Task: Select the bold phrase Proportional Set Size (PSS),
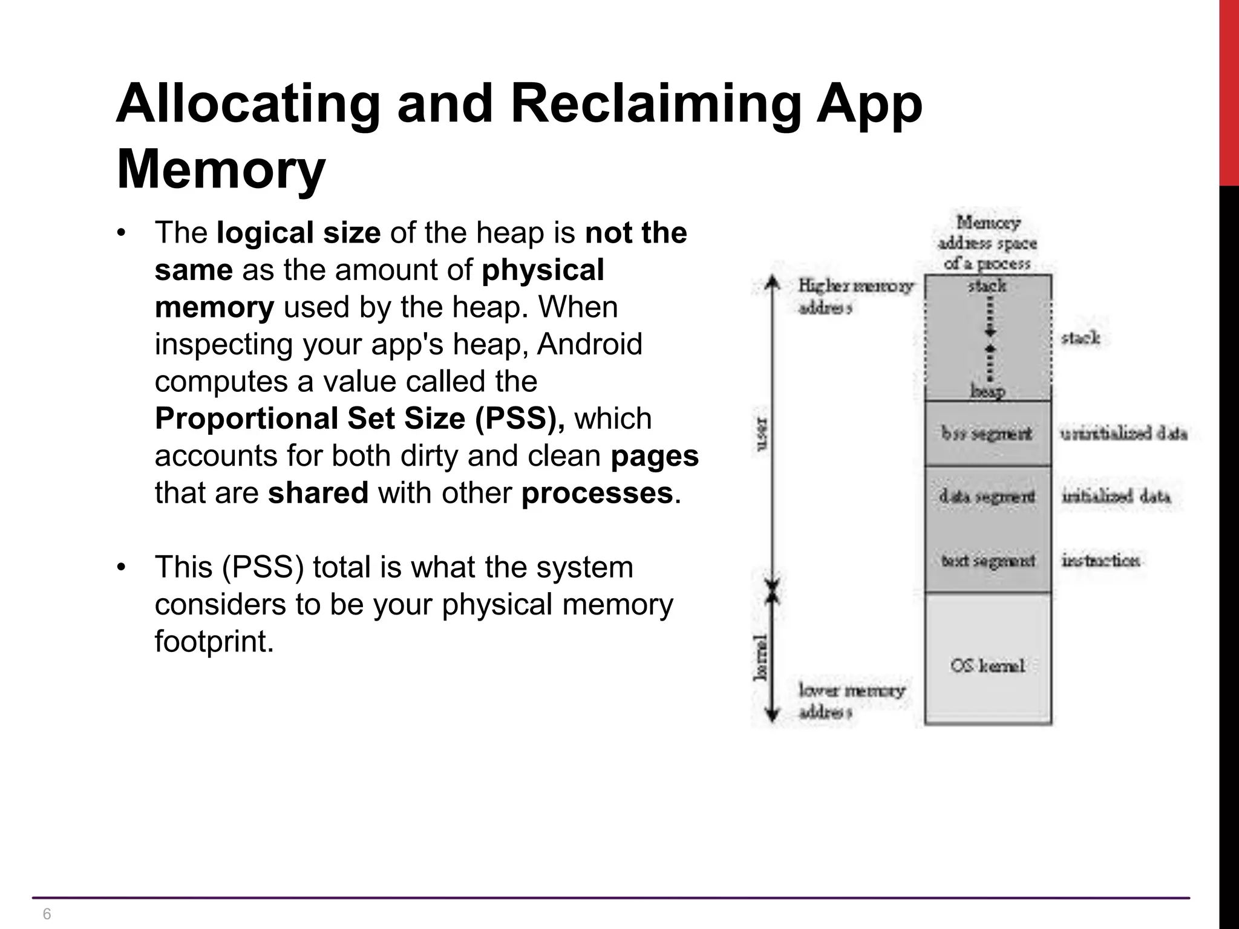359,419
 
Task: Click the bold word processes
597,493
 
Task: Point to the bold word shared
318,493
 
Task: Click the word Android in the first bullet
589,344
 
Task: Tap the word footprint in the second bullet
214,641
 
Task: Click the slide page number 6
47,914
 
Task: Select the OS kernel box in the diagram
987,665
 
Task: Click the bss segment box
987,433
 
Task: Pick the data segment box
987,497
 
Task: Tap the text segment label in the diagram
987,561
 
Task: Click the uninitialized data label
1123,434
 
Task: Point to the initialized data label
1116,497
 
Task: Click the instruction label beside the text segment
1100,561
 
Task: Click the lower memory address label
851,701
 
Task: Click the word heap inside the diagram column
987,391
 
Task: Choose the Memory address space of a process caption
987,243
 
